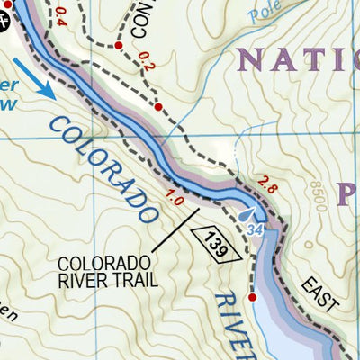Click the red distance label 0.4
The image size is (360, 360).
pos(61,15)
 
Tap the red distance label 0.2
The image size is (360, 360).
pos(147,62)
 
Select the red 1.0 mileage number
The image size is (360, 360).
pos(175,194)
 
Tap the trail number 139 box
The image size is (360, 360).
pos(216,239)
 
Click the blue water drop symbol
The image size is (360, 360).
pos(250,216)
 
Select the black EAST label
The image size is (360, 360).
pos(322,295)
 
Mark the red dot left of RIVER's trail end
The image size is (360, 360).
pos(252,297)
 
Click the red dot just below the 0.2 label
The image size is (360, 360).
pos(158,107)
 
